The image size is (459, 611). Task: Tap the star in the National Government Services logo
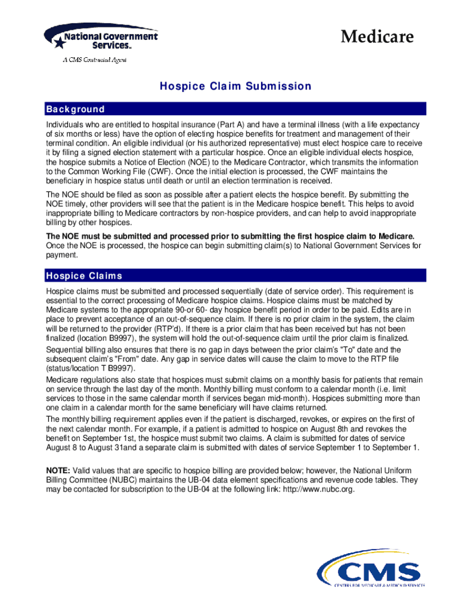pyautogui.click(x=58, y=42)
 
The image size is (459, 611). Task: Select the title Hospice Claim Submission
pyautogui.click(x=235, y=87)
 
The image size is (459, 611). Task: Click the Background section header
pyautogui.click(x=75, y=109)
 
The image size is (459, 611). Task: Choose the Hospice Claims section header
pyautogui.click(x=84, y=276)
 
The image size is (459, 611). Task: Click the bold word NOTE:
pyautogui.click(x=58, y=470)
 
